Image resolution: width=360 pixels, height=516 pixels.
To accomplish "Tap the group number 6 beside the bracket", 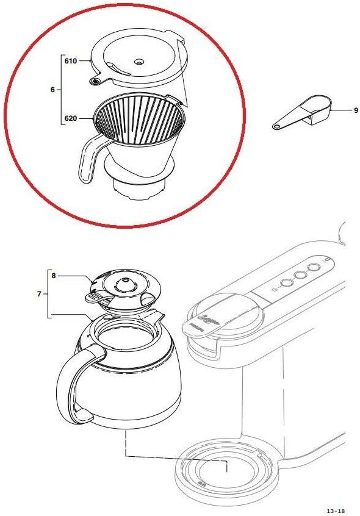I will [52, 90].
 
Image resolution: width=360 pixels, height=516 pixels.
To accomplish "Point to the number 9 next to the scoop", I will [355, 110].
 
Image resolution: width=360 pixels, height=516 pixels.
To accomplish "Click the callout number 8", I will [54, 276].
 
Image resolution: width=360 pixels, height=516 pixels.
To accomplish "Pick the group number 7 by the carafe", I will [40, 294].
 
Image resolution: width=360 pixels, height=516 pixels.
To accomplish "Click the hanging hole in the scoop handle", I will [277, 127].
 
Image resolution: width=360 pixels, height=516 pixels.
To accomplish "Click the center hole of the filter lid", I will [139, 62].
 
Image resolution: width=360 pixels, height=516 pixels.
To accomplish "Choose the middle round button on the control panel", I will [300, 276].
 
